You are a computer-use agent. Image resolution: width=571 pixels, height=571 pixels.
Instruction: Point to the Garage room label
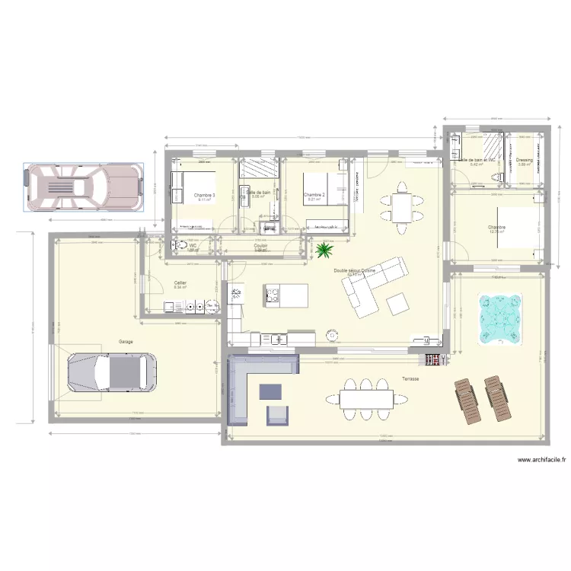pyautogui.click(x=126, y=342)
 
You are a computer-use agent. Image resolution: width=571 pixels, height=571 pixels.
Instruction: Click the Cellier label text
pyautogui.click(x=180, y=282)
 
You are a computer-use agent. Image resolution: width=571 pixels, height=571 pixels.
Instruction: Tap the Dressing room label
pyautogui.click(x=524, y=161)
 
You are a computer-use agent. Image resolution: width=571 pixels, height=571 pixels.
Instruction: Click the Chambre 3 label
pyautogui.click(x=204, y=196)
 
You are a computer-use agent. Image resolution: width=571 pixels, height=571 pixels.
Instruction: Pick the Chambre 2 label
pyautogui.click(x=314, y=196)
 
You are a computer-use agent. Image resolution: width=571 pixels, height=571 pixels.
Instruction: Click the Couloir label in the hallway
pyautogui.click(x=260, y=246)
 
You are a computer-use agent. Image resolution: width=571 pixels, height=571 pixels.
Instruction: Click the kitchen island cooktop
pyautogui.click(x=274, y=294)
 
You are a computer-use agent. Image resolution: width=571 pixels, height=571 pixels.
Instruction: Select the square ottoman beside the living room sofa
pyautogui.click(x=398, y=305)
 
